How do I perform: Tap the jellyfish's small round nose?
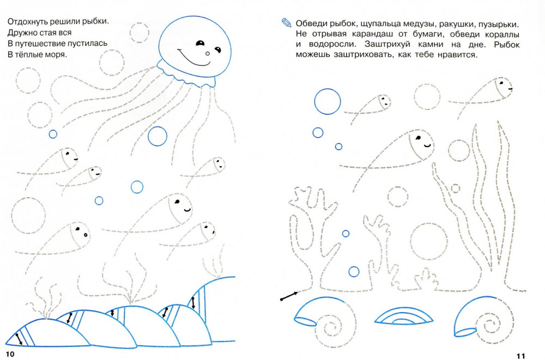tap(208, 53)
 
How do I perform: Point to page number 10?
tap(10, 354)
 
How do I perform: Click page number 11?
tap(520, 356)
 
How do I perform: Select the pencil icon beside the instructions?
tap(286, 22)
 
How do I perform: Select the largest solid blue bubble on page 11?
tap(328, 101)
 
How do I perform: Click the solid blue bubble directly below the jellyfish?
tap(158, 136)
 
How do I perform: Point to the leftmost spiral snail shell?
tap(325, 321)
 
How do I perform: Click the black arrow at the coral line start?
tap(289, 296)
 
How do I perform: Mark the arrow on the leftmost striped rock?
tap(19, 339)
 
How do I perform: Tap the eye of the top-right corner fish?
tap(501, 83)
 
